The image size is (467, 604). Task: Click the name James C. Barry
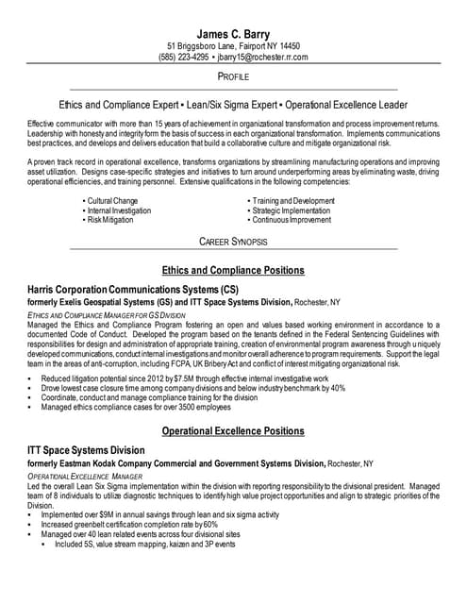[233, 34]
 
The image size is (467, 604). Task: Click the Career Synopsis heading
[233, 242]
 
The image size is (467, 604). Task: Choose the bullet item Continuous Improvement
[292, 219]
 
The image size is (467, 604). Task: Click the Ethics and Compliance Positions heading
[233, 270]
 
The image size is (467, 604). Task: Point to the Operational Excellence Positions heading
[233, 431]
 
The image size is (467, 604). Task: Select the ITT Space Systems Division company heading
[87, 450]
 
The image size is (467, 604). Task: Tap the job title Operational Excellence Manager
[84, 478]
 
